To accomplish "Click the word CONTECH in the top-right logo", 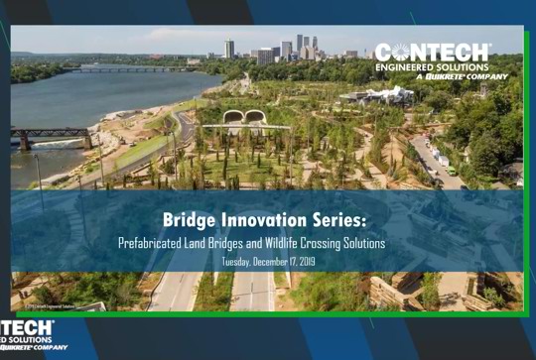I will pos(433,52).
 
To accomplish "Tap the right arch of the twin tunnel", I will pos(256,117).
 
